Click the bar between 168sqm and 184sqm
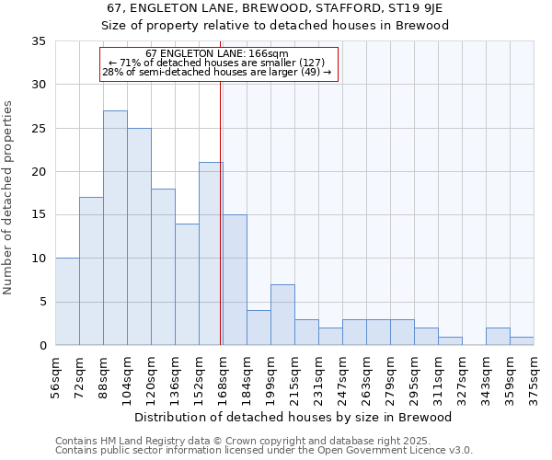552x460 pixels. tap(235, 280)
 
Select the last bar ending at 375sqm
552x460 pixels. tap(522, 340)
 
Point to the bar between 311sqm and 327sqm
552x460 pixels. tap(450, 340)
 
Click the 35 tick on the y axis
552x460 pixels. tap(39, 41)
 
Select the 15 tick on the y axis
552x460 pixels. tap(39, 215)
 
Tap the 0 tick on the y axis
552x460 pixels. tap(42, 346)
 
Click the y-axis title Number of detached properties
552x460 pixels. tap(8, 198)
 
